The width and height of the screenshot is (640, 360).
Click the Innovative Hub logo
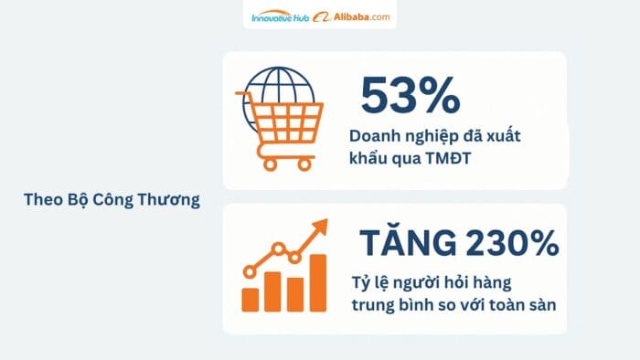[280, 16]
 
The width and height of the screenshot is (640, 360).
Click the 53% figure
[409, 95]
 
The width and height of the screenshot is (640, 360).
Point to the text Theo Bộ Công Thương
[111, 200]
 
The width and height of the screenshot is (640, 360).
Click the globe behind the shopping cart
[278, 88]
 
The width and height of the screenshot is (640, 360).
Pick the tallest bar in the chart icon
[317, 283]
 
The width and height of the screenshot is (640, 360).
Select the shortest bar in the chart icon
[250, 299]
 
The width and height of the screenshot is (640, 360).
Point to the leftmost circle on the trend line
[250, 270]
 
